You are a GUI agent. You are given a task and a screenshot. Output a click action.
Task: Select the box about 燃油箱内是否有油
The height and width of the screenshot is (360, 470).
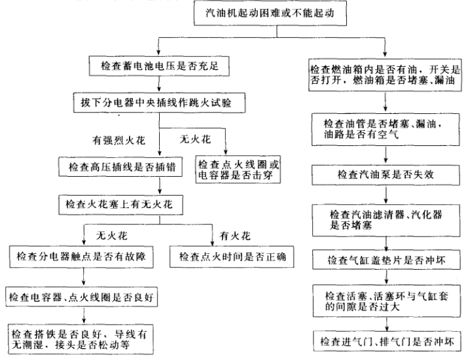point(386,73)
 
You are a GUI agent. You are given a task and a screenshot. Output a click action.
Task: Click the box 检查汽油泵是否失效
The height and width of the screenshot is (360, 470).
point(386,175)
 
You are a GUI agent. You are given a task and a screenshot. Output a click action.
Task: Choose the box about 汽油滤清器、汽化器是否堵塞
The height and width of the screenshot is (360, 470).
point(386,219)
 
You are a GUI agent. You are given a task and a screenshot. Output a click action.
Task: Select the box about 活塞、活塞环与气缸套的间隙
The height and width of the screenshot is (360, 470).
point(386,300)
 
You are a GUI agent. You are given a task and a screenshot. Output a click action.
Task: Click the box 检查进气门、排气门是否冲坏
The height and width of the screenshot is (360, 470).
point(386,341)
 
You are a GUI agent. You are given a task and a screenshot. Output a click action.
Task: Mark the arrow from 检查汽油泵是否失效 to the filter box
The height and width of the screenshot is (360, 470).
point(386,195)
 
